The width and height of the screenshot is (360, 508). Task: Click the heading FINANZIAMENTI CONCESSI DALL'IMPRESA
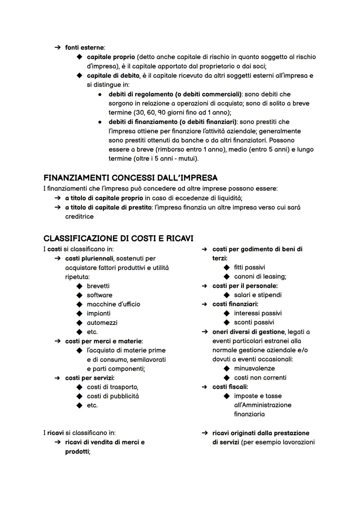coord(130,178)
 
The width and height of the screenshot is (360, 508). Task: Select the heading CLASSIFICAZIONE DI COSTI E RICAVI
coord(118,239)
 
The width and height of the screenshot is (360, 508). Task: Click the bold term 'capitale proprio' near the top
coord(111,57)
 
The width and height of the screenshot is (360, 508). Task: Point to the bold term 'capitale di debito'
coord(113,76)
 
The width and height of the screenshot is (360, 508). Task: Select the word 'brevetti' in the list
coord(98,286)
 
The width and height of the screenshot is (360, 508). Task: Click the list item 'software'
coord(99,295)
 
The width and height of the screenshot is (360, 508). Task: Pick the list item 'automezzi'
coord(102,323)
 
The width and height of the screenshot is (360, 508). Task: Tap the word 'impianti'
coord(98,313)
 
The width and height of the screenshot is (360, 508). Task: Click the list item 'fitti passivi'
coord(249,267)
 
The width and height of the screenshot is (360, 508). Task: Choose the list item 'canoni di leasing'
coord(260,276)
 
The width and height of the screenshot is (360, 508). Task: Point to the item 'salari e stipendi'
coord(258,295)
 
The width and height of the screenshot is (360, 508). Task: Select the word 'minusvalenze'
coord(254,368)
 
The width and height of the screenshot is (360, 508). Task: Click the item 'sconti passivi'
coord(254,322)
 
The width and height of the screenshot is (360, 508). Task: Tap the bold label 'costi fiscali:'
coord(230,387)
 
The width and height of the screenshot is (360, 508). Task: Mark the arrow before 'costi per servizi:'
coord(58,378)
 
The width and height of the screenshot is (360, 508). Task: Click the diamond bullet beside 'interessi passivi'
coord(227,313)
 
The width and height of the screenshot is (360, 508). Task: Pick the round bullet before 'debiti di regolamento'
coord(99,95)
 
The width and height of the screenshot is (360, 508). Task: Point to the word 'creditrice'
coord(79,217)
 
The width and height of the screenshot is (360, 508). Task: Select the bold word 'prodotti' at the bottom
coord(77,452)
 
